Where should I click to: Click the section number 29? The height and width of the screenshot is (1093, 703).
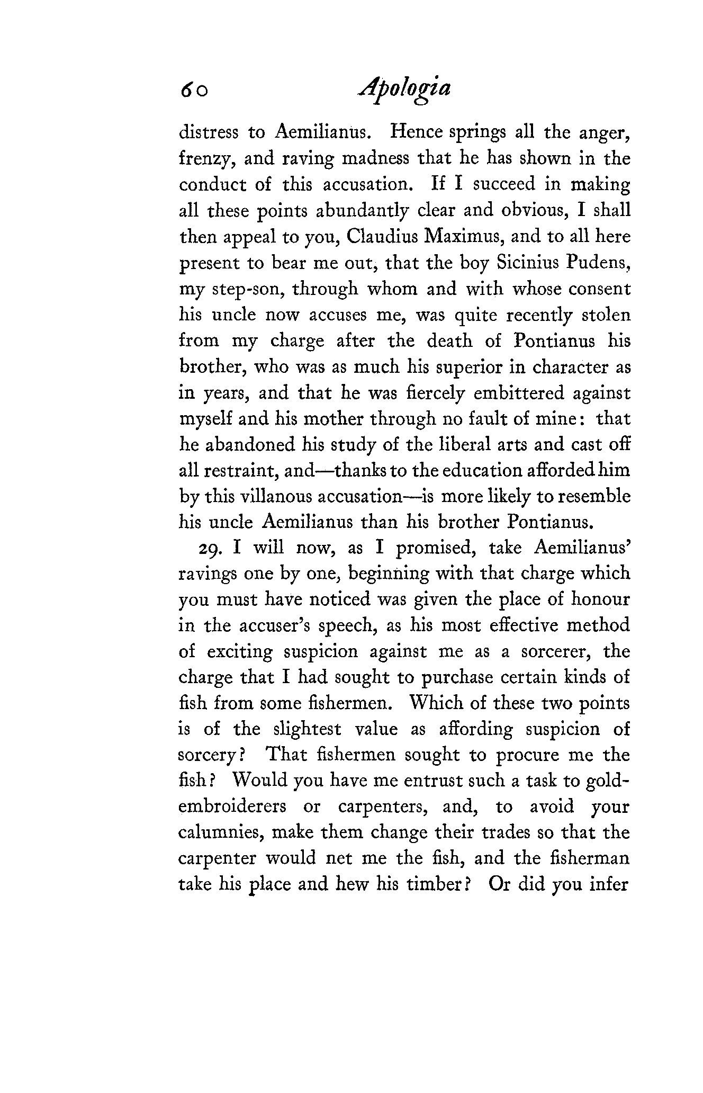pos(209,548)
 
